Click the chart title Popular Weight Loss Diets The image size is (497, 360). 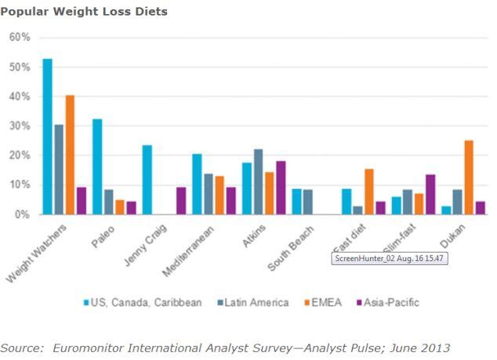coord(84,12)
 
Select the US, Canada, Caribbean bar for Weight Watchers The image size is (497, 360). coord(47,136)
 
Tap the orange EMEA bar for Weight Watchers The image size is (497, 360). coord(71,155)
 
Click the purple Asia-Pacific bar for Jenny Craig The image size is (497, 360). coord(182,201)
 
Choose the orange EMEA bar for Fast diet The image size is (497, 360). coord(369,191)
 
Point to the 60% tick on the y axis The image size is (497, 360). coord(20,38)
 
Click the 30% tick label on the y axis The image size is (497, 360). coord(20,126)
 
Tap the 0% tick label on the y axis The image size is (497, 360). coord(23,214)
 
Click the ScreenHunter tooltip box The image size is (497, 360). coord(390,258)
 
